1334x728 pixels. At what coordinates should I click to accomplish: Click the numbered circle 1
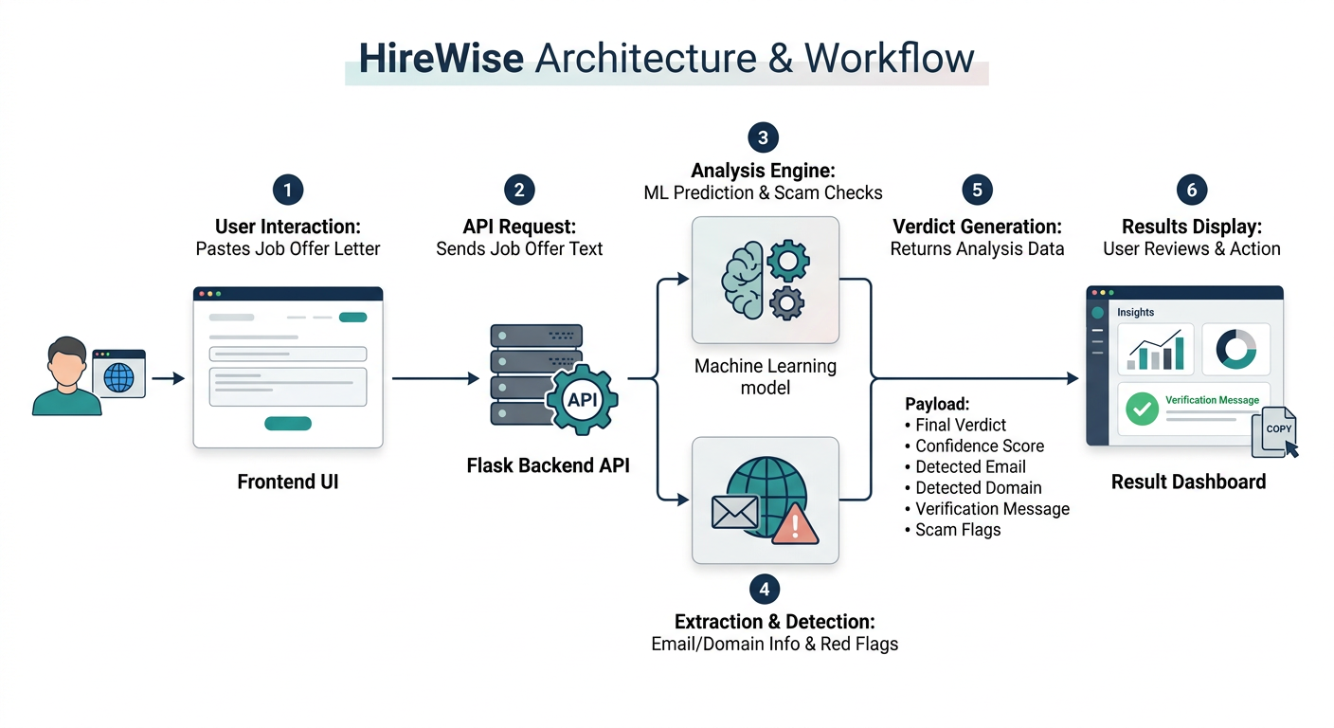pos(288,190)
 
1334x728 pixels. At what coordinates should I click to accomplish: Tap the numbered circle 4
pos(765,590)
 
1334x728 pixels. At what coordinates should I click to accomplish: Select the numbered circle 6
pos(1192,190)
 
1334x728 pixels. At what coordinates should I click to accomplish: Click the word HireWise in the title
pos(442,59)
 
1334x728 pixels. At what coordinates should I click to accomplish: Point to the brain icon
pos(742,280)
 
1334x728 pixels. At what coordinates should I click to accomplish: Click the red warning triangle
pos(795,523)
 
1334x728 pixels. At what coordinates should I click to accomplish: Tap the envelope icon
pos(735,512)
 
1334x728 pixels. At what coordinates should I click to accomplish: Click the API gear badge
pos(582,399)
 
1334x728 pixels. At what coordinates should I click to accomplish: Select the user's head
pos(66,361)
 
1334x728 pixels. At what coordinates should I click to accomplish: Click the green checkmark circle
pos(1142,409)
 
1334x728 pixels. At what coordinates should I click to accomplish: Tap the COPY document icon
pos(1274,432)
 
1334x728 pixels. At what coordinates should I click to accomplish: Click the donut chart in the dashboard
pos(1235,349)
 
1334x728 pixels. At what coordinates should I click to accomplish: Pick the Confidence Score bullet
pos(974,446)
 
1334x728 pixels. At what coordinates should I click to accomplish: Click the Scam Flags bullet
pos(952,530)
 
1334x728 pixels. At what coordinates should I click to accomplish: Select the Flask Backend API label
pos(548,465)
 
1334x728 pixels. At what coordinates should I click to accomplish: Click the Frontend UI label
pos(288,482)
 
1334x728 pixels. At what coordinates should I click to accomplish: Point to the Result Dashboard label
pos(1189,482)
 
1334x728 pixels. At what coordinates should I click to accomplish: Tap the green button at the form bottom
pos(288,424)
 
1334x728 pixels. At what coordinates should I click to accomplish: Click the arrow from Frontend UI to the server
pos(436,378)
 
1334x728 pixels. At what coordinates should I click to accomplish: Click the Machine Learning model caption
pos(766,376)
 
